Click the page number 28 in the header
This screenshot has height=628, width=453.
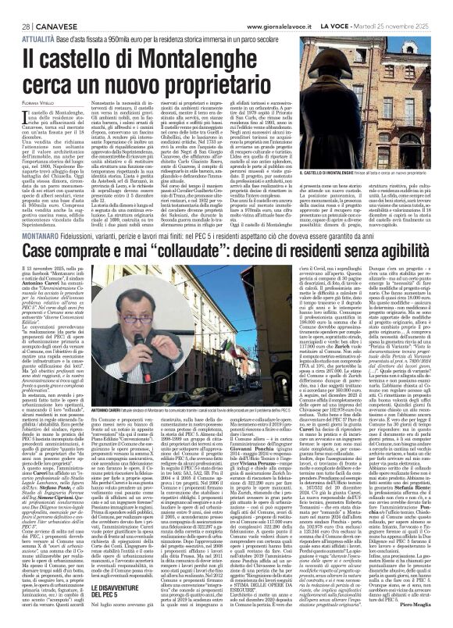pos(16,8)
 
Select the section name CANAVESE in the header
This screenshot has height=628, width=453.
pos(46,8)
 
